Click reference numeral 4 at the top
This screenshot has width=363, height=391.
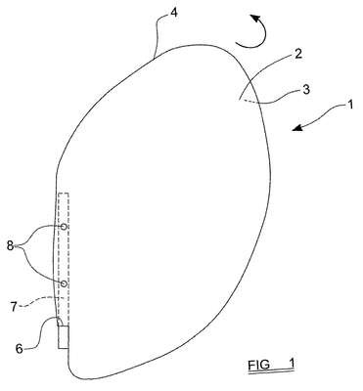pyautogui.click(x=174, y=13)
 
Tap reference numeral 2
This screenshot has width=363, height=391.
pyautogui.click(x=297, y=54)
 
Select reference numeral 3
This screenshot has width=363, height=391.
pyautogui.click(x=305, y=90)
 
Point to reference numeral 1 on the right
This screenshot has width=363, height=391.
pyautogui.click(x=349, y=105)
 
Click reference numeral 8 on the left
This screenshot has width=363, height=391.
pyautogui.click(x=10, y=245)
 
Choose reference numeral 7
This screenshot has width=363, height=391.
pyautogui.click(x=14, y=307)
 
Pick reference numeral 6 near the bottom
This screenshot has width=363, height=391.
pyautogui.click(x=20, y=349)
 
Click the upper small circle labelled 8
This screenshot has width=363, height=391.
pyautogui.click(x=65, y=227)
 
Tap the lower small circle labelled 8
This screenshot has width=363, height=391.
pyautogui.click(x=65, y=283)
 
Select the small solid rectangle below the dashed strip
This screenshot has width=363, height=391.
pyautogui.click(x=64, y=337)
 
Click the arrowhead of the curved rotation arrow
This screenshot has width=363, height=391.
pyautogui.click(x=254, y=19)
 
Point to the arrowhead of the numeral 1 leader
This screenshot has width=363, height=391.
pyautogui.click(x=296, y=128)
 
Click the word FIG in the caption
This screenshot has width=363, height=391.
pyautogui.click(x=258, y=365)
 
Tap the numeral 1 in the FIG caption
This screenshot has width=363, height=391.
pyautogui.click(x=292, y=364)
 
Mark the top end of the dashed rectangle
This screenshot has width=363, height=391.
pyautogui.click(x=64, y=194)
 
